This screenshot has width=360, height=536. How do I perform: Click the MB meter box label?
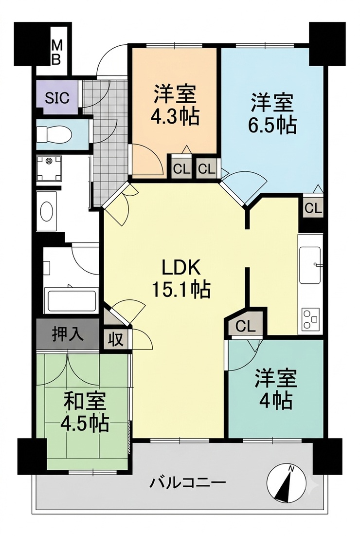coord(56,53)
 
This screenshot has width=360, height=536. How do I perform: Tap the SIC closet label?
coord(57,98)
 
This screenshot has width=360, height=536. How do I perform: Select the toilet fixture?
coord(54,134)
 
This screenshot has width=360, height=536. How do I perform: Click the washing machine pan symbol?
coord(49,168)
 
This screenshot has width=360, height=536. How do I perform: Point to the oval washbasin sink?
coord(46,211)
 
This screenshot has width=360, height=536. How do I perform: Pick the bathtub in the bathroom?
coord(72,301)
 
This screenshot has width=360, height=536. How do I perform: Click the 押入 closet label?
coord(68,333)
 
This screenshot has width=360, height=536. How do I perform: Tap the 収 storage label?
coord(116,340)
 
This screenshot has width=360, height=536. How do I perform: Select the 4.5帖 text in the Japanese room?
coord(85,424)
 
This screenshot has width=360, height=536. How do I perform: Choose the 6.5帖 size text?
coord(272,126)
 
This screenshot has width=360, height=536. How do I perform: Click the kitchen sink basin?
coord(310,265)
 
